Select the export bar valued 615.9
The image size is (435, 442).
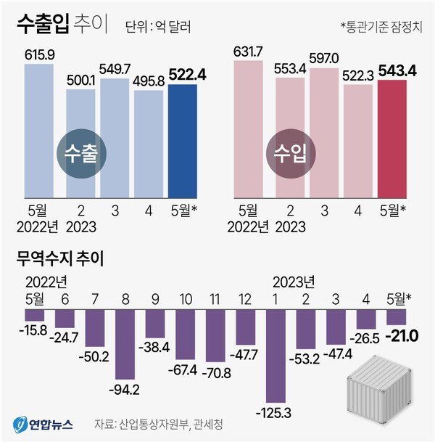[40, 131]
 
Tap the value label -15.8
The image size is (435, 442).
[34, 330]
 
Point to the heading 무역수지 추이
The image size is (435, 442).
[65, 258]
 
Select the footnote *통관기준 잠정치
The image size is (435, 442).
[382, 27]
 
